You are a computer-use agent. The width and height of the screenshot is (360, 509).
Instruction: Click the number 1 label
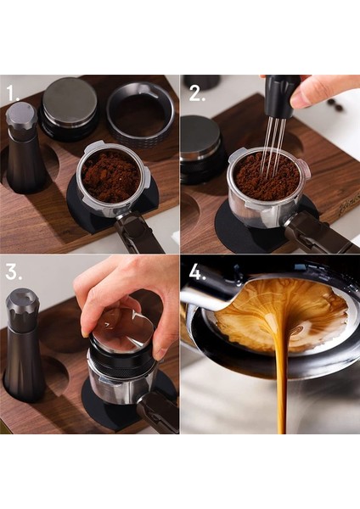[x=13, y=93]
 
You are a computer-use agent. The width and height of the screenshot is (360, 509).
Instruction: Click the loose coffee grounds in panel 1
[x=111, y=176]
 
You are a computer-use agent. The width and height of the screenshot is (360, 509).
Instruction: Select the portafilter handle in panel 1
[x=141, y=233]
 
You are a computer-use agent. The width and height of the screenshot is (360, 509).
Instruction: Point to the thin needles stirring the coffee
[x=271, y=148]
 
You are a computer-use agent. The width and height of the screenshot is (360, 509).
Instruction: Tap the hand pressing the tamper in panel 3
[x=127, y=288]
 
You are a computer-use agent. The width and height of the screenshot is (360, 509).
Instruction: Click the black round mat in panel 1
[x=85, y=216]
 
